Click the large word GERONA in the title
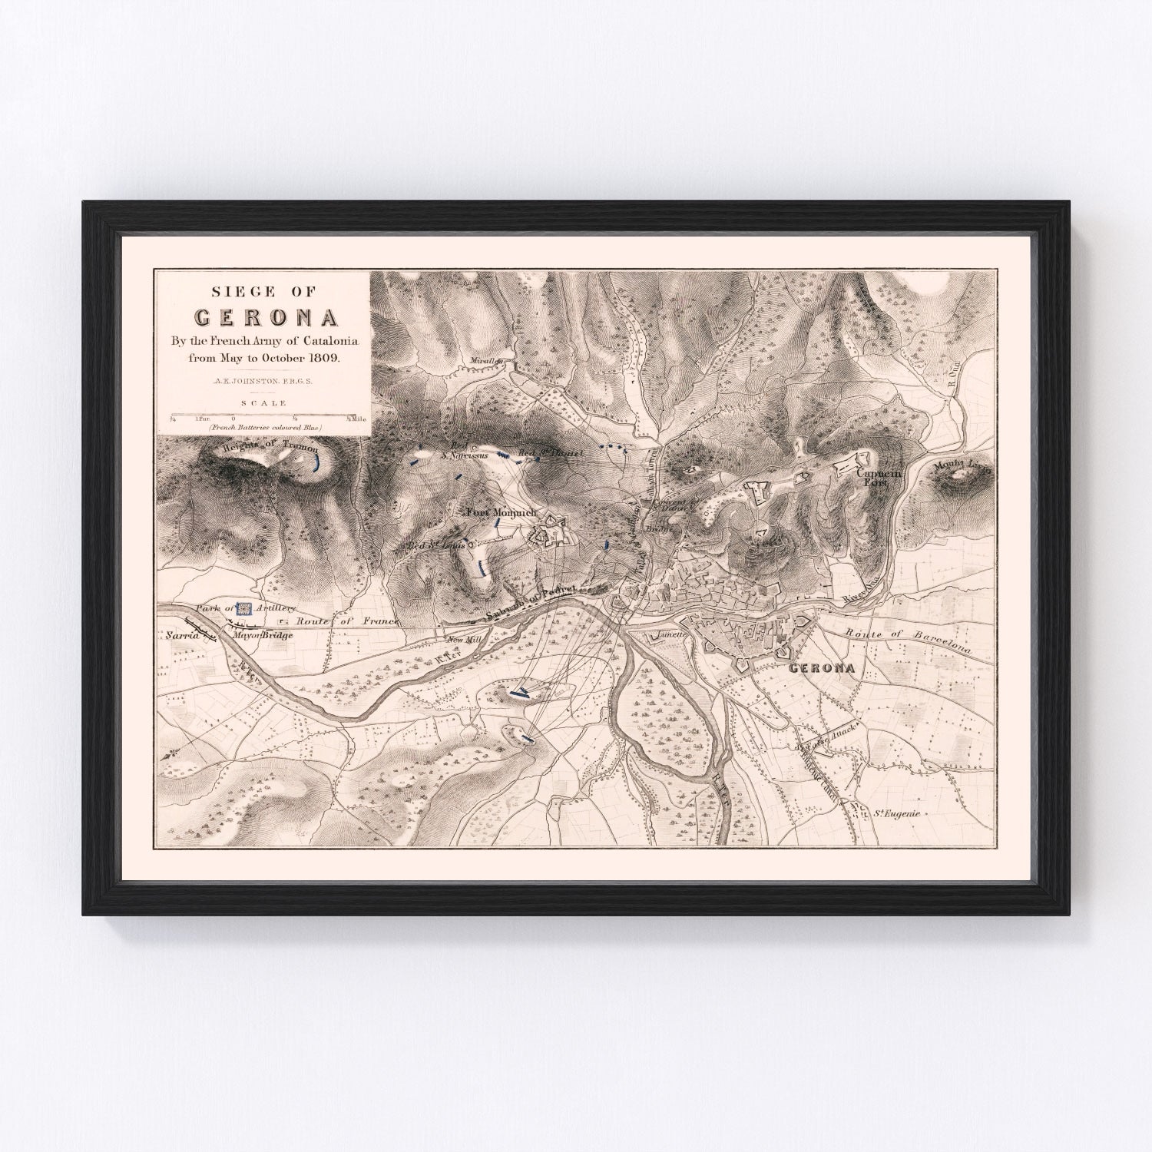(x=264, y=318)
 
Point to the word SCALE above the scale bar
(x=263, y=402)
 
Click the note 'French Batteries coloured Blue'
(x=263, y=427)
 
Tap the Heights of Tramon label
(x=268, y=451)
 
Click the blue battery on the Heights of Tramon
(x=318, y=462)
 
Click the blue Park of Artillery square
(x=243, y=609)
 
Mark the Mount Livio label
(x=958, y=465)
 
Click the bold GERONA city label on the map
(x=823, y=667)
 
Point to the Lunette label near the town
(x=670, y=636)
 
